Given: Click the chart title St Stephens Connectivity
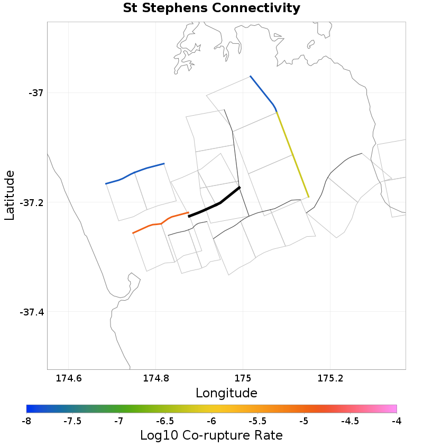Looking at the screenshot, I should pyautogui.click(x=212, y=8).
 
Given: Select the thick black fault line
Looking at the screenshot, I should pyautogui.click(x=215, y=204).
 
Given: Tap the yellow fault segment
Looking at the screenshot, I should pyautogui.click(x=292, y=155).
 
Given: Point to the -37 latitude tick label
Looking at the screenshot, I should pyautogui.click(x=34, y=93).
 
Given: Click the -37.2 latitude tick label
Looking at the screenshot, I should pyautogui.click(x=31, y=202).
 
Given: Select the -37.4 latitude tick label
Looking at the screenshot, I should pyautogui.click(x=31, y=312).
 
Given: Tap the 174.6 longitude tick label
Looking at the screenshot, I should pyautogui.click(x=68, y=379).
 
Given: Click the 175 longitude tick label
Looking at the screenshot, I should pyautogui.click(x=243, y=379).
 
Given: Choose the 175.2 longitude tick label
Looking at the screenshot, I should pyautogui.click(x=330, y=379).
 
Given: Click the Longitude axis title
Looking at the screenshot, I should pyautogui.click(x=226, y=393).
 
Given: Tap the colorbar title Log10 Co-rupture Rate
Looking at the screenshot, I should pyautogui.click(x=212, y=435).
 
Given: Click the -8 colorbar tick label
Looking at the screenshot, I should pyautogui.click(x=26, y=421).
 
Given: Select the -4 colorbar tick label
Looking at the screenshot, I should pyautogui.click(x=397, y=421).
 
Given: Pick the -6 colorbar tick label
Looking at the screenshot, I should pyautogui.click(x=212, y=421).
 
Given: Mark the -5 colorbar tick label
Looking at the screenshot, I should pyautogui.click(x=304, y=421).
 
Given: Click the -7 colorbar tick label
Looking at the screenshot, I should pyautogui.click(x=119, y=421).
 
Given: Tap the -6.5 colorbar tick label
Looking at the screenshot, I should pyautogui.click(x=165, y=421).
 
